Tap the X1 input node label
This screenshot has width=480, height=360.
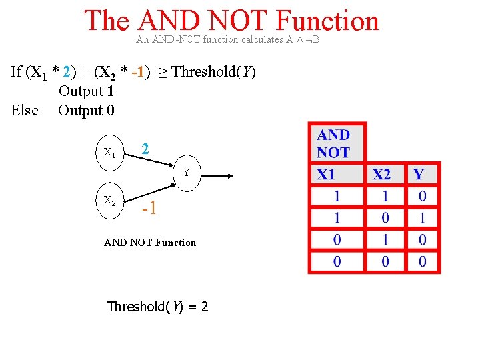[110, 152]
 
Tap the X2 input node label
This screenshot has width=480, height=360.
[110, 199]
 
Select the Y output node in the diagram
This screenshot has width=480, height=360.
[187, 173]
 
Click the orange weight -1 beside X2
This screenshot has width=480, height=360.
[149, 209]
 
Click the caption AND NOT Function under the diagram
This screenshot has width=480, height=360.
[150, 243]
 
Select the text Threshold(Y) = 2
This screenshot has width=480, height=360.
[158, 307]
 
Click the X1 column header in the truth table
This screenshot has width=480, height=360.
[326, 175]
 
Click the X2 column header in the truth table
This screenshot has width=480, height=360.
[382, 175]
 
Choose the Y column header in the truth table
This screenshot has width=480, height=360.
[419, 175]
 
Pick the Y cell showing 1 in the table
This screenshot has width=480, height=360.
[422, 218]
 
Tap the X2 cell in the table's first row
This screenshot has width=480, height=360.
[385, 197]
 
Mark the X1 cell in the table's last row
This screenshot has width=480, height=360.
[337, 261]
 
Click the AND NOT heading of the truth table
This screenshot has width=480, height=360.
[333, 144]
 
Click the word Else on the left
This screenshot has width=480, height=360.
[25, 111]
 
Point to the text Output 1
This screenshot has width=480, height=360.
[86, 91]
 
